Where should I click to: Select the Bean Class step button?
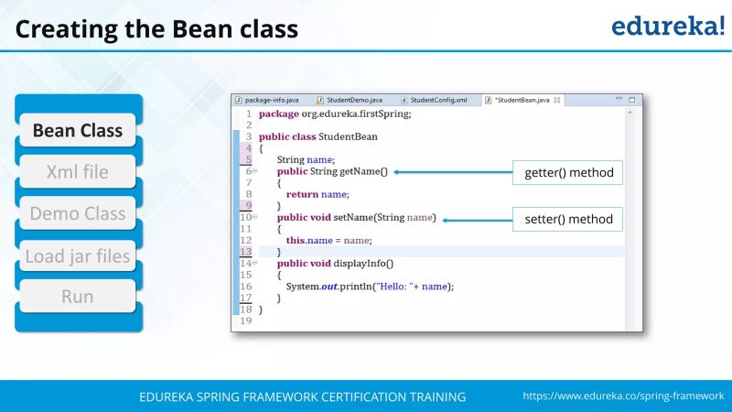[78, 130]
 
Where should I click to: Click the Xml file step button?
[78, 172]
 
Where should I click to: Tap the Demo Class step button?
[78, 213]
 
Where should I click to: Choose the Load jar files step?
[78, 255]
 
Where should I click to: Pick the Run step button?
[78, 297]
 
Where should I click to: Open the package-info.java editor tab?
[271, 100]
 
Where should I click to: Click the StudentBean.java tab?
[521, 100]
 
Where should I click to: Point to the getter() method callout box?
[568, 172]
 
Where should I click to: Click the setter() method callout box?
[568, 220]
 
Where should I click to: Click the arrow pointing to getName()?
[453, 172]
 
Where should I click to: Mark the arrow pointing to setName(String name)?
[476, 220]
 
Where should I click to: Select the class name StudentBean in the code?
[348, 136]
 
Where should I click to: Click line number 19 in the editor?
[244, 321]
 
